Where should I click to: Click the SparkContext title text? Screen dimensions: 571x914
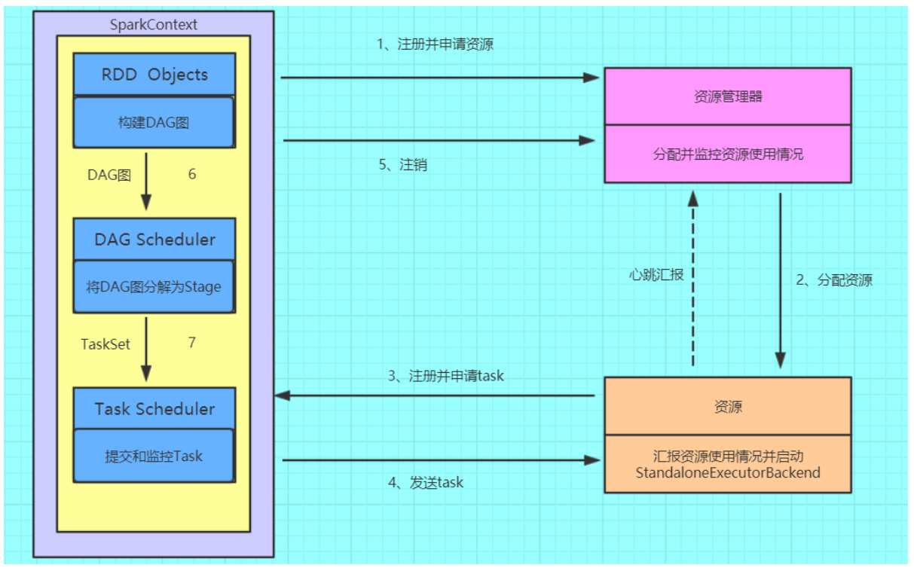click(154, 25)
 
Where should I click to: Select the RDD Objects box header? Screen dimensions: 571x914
click(154, 75)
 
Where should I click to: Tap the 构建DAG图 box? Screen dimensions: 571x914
click(154, 122)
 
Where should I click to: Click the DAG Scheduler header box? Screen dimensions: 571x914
click(154, 240)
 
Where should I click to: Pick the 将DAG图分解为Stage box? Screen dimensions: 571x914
click(154, 287)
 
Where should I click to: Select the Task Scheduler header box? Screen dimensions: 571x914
click(154, 409)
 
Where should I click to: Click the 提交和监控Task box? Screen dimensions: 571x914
click(154, 456)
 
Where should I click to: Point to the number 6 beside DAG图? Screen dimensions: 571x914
click(192, 174)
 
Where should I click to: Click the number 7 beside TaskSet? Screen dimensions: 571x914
click(192, 343)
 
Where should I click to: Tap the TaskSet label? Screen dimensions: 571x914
click(105, 344)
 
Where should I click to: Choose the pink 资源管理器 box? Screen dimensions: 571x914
click(727, 96)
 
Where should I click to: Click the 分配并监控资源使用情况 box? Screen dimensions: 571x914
click(727, 154)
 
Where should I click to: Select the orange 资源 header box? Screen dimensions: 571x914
click(727, 406)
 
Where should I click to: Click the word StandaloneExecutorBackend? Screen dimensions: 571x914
click(727, 473)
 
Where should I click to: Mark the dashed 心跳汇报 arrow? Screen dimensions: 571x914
click(692, 279)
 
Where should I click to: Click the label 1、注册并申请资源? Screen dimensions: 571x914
click(435, 44)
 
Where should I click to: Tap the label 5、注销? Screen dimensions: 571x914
click(402, 164)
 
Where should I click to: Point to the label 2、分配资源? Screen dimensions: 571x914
click(834, 280)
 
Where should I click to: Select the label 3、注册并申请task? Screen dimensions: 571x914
click(446, 375)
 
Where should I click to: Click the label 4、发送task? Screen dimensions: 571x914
click(426, 482)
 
